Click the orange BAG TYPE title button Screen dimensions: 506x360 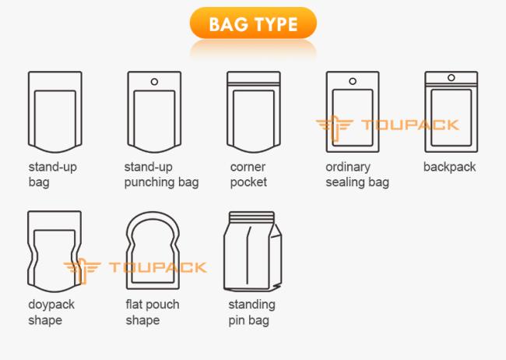253,23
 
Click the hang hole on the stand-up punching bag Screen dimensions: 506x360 154,82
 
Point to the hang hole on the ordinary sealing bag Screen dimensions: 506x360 353,81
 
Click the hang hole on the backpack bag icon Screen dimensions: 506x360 452,78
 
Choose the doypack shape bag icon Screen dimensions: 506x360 28,252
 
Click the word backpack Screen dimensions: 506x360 449,167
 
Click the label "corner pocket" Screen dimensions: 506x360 248,175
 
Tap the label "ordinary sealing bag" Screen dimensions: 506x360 357,175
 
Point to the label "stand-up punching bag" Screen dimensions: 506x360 161,175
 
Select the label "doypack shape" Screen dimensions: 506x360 51,312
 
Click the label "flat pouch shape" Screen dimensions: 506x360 153,312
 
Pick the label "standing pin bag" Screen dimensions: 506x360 251,312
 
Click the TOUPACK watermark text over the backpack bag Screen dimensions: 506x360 410,125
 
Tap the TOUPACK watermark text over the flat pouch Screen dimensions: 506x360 158,267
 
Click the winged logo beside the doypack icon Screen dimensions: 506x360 82,270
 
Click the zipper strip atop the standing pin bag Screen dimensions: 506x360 251,216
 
